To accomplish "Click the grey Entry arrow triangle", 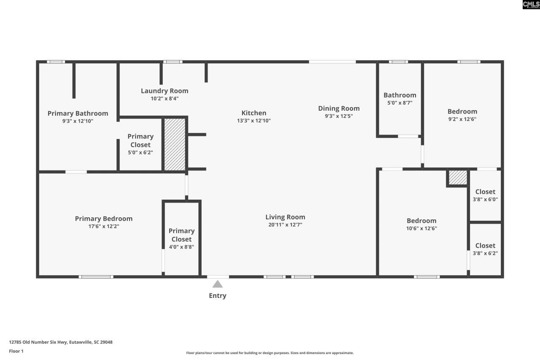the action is (217, 284).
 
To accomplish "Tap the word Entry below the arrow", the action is (217, 295).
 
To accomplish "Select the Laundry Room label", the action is (165, 91).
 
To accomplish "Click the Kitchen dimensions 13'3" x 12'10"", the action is (254, 121).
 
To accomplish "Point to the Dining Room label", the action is (339, 108).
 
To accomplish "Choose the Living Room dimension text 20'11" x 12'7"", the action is (285, 225).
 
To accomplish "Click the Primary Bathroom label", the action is (78, 114).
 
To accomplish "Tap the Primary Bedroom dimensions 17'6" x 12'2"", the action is (104, 226).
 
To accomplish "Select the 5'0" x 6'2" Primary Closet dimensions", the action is (140, 152).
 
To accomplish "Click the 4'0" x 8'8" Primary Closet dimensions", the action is (181, 247).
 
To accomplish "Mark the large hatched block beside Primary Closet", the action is (175, 144).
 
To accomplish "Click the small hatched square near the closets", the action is (458, 178).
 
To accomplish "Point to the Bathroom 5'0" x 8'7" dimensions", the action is (400, 103).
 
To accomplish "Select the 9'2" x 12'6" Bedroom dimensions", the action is (462, 119).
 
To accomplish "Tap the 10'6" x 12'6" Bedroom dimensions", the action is (421, 228).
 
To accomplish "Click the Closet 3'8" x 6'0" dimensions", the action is (485, 199).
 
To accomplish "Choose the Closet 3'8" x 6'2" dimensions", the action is (485, 253).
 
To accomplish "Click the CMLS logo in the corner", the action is (531, 5).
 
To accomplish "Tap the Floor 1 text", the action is (16, 351).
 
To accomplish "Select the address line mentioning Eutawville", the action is (61, 342).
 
